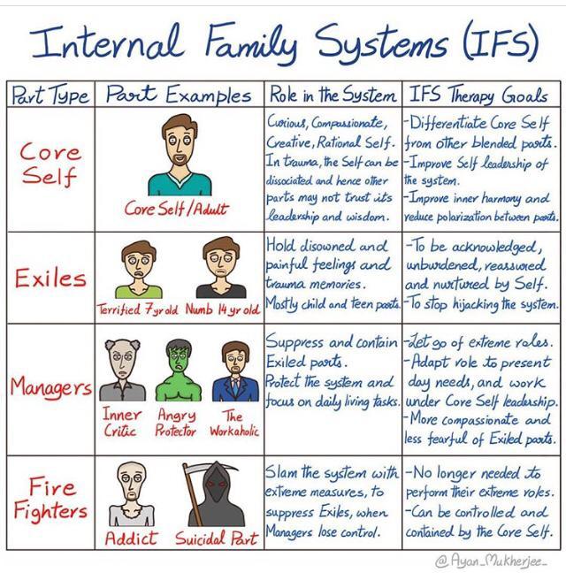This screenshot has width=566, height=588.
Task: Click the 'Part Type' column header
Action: point(50,95)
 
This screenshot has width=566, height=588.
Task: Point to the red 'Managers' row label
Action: point(50,387)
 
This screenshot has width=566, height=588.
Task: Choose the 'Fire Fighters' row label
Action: point(50,500)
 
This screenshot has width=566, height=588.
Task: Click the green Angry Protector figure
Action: point(176,372)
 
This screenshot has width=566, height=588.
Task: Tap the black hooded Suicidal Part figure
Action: point(218,492)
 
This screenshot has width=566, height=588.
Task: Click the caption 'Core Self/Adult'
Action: point(175,210)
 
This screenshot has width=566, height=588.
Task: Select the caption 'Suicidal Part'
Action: point(217,538)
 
